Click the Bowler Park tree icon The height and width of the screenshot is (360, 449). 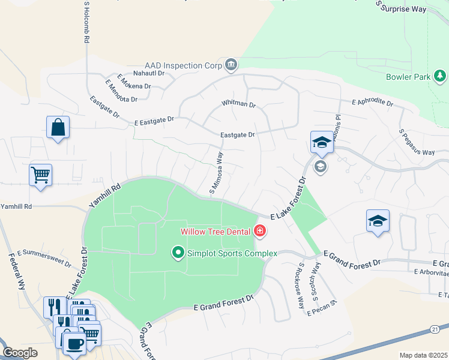(440, 76)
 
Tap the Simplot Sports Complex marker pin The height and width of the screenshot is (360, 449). (178, 253)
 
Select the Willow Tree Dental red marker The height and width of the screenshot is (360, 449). (260, 230)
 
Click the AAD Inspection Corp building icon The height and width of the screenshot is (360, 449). (231, 64)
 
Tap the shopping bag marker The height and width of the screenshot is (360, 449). (58, 127)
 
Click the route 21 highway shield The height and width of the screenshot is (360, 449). (434, 329)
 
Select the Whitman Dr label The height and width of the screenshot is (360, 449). (238, 104)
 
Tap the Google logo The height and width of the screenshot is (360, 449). (20, 353)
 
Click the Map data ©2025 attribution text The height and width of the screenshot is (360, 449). (423, 355)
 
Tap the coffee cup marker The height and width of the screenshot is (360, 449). (74, 343)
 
